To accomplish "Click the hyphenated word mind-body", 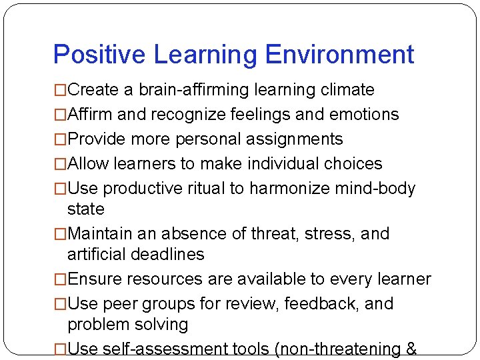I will pos(377,189).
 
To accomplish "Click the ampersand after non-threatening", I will pos(410,349).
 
